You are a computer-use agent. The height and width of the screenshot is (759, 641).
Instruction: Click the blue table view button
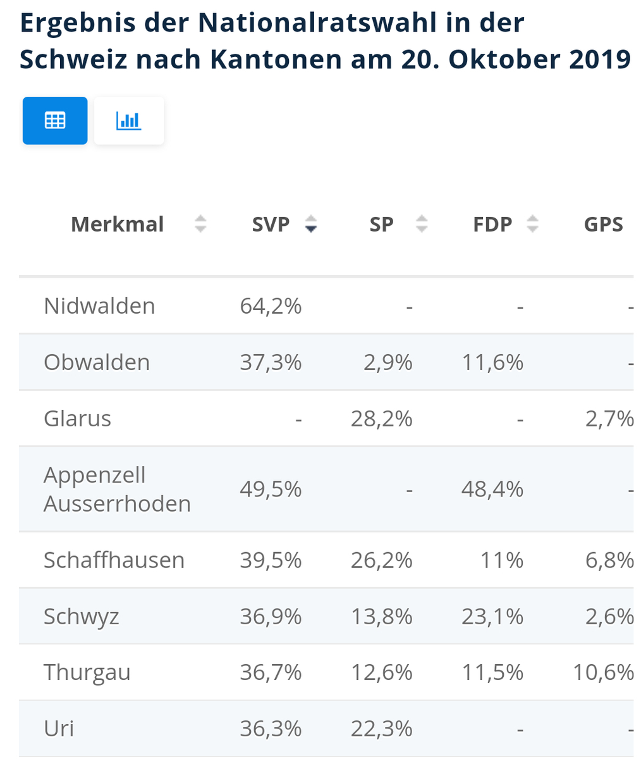point(55,120)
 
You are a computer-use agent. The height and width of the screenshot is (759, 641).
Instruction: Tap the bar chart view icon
point(129,120)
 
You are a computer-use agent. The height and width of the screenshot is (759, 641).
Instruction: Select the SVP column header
point(271,225)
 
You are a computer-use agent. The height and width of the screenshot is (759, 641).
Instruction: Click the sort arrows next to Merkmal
point(200,224)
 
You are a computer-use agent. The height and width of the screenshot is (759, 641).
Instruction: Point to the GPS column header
point(603,225)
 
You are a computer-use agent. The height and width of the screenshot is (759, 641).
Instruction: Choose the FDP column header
point(492,225)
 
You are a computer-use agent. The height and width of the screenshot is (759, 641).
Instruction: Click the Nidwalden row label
point(99,306)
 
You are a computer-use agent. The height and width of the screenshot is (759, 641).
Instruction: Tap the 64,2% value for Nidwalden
point(271,306)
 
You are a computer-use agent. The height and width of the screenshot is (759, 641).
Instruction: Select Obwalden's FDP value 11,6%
point(492,362)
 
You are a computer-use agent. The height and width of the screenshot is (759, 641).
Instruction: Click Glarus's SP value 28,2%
point(382,419)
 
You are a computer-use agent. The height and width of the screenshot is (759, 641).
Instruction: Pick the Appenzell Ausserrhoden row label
point(117,489)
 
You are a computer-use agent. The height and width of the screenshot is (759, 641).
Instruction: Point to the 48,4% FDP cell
point(492,489)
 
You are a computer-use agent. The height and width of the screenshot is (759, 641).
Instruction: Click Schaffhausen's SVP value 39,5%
point(271,560)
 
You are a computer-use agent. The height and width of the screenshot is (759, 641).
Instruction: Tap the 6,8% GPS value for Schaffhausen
point(609,560)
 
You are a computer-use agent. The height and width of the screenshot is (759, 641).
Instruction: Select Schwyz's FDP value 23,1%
point(492,617)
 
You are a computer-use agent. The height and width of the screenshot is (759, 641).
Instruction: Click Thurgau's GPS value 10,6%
point(603,672)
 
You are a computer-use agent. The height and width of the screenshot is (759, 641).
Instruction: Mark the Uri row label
point(59,729)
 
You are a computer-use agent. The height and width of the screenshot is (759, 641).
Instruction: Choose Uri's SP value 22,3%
point(382,729)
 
